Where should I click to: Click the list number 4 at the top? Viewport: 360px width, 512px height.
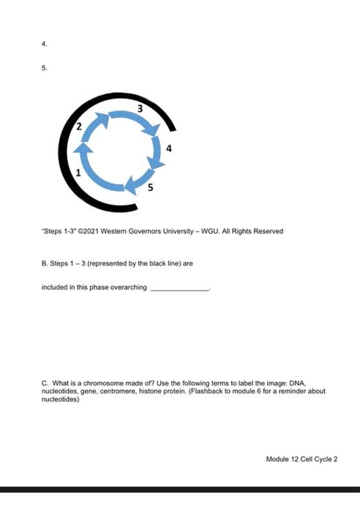coord(45,44)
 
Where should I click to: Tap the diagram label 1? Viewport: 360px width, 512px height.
coord(80,172)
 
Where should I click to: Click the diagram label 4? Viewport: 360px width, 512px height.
coord(170,148)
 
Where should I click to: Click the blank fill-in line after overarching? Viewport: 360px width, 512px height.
coord(180,288)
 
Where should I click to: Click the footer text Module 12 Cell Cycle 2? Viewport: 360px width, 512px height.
coord(301,459)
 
